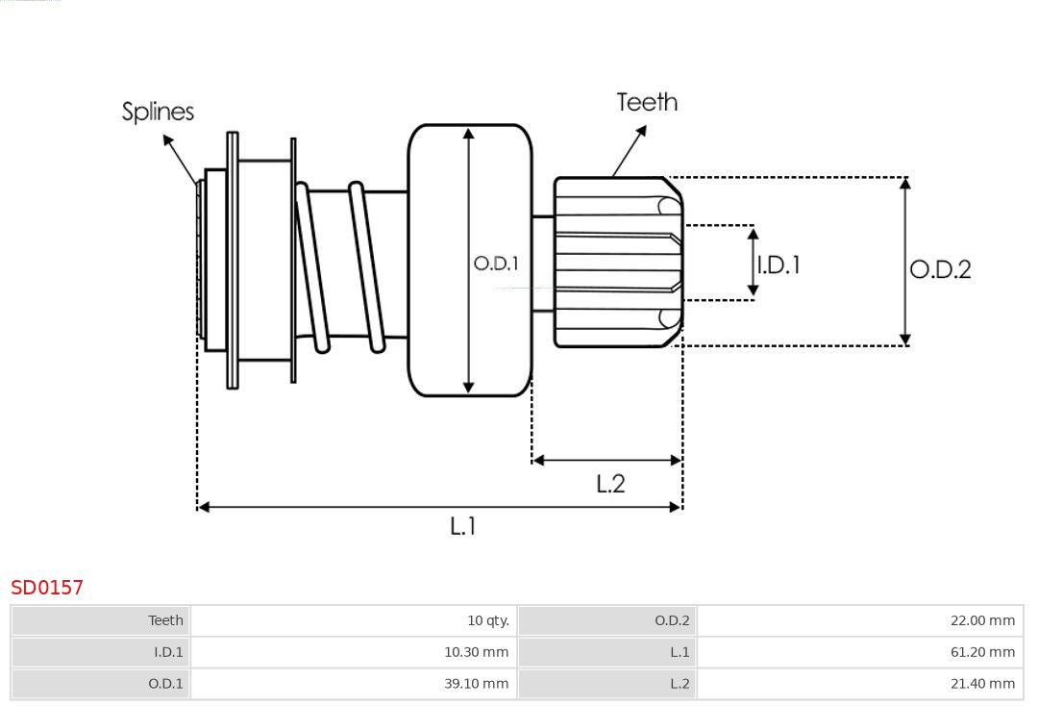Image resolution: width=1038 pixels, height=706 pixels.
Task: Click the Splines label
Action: tap(158, 112)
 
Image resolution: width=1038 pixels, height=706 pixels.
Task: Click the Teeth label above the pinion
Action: tap(647, 102)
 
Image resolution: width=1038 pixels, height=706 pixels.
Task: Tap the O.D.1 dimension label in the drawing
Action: tap(496, 263)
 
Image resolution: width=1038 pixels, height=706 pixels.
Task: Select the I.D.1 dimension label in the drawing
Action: tap(778, 265)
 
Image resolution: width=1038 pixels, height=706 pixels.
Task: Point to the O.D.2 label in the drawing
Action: tap(940, 269)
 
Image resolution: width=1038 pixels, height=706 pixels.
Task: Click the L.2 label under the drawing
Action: tap(610, 484)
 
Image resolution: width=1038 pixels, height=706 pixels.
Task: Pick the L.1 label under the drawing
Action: tap(463, 526)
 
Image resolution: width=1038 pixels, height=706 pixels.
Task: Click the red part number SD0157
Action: tap(47, 588)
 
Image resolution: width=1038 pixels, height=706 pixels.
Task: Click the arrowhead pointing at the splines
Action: tap(167, 140)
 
